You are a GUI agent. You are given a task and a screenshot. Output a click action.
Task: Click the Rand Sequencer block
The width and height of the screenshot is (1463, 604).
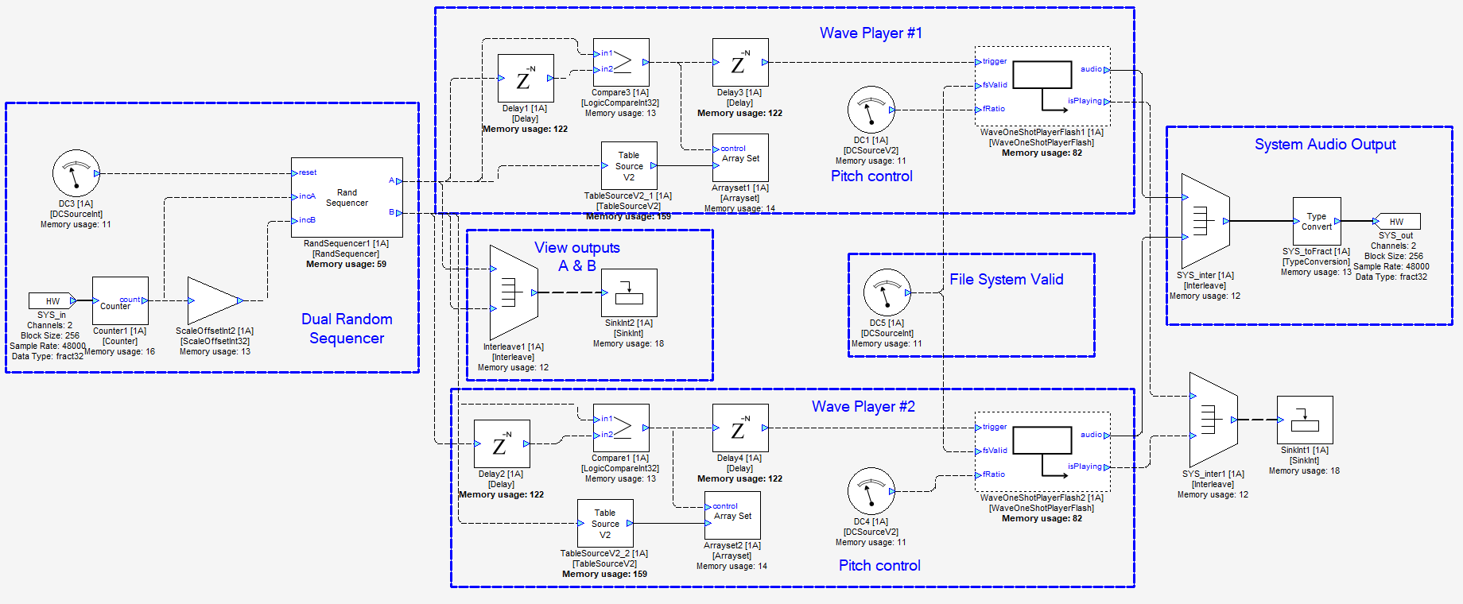pos(347,197)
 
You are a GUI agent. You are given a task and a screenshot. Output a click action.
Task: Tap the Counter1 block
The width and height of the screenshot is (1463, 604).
pos(120,300)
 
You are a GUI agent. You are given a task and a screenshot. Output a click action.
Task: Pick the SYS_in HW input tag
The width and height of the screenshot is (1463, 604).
pos(52,300)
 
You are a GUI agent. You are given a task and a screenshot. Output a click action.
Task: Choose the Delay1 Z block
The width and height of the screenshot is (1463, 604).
pos(526,78)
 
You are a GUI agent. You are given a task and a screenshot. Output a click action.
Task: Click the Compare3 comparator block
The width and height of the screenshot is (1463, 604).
pos(621,62)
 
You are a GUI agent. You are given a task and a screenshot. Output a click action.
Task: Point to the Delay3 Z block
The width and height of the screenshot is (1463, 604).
pos(740,62)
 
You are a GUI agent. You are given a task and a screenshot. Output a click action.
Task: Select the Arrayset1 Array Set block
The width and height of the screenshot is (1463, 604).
pos(740,157)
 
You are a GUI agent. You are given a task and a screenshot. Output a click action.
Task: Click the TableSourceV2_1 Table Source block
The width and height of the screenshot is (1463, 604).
pos(628,165)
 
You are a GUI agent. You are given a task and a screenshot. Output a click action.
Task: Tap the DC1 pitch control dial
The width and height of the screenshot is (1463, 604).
pos(871,110)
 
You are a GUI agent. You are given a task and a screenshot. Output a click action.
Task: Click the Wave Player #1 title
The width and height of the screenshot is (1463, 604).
pos(871,33)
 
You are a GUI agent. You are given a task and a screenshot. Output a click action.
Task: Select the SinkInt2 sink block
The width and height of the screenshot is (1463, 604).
pos(629,292)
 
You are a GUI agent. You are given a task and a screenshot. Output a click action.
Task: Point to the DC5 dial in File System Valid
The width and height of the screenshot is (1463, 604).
pos(887,292)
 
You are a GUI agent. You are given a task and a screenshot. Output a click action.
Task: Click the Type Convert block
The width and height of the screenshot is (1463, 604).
pos(1317,221)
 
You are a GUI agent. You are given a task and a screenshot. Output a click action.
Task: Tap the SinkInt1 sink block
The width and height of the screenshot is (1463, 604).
pos(1305,420)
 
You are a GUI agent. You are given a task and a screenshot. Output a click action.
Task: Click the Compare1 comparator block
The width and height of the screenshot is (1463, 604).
pos(621,428)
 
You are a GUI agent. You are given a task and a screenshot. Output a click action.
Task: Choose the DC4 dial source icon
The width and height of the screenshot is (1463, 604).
pos(871,491)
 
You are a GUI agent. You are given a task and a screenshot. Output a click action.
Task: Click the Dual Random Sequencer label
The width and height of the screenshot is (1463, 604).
pos(347,328)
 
